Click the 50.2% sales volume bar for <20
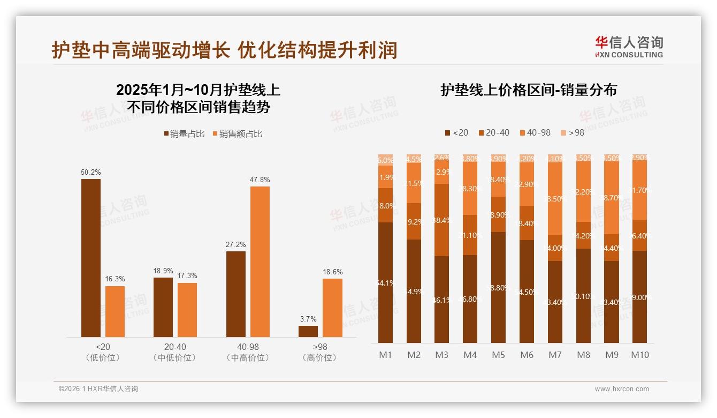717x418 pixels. [x=91, y=258]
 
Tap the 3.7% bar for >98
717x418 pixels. [x=308, y=331]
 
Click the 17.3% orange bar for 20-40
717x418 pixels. [x=187, y=310]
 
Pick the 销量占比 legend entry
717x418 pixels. [x=184, y=134]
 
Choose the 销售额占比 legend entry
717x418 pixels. [x=238, y=134]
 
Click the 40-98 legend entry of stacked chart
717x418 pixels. [x=535, y=132]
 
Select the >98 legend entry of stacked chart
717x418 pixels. [x=572, y=132]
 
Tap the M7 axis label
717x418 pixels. [x=555, y=355]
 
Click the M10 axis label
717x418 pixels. [x=639, y=355]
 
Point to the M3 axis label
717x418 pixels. [x=441, y=355]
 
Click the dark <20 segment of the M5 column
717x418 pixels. [x=498, y=287]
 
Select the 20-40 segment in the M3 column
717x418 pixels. [x=441, y=220]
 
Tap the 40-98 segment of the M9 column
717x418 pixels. [x=612, y=197]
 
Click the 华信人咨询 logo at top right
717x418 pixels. [x=629, y=47]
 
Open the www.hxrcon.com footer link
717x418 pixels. [x=622, y=389]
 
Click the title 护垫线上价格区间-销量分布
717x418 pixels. [x=529, y=90]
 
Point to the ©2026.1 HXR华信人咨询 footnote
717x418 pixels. [x=98, y=389]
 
